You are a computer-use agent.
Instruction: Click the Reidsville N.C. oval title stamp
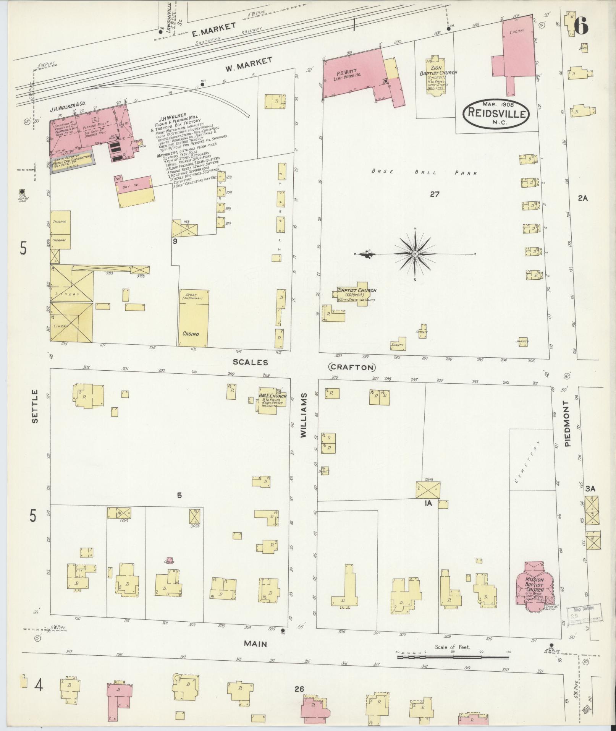pyautogui.click(x=496, y=112)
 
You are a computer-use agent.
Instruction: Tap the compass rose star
pyautogui.click(x=415, y=254)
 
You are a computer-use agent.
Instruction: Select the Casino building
pyautogui.click(x=194, y=318)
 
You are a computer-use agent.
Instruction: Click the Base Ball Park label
pyautogui.click(x=424, y=172)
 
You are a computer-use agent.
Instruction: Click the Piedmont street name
pyautogui.click(x=567, y=424)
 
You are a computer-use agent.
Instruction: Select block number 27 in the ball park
pyautogui.click(x=434, y=194)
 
